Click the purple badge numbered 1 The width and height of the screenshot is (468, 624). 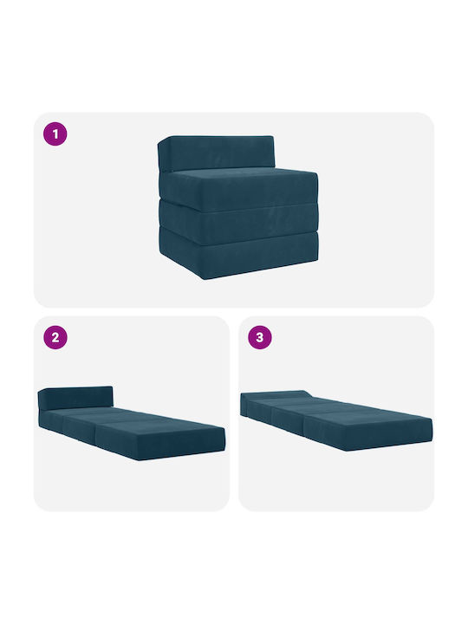pyautogui.click(x=55, y=133)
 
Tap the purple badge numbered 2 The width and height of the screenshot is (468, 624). pyautogui.click(x=55, y=337)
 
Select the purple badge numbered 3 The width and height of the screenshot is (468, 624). pyautogui.click(x=259, y=337)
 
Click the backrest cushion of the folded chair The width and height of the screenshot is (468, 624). pyautogui.click(x=217, y=153)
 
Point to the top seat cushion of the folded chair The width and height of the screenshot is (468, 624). pyautogui.click(x=239, y=189)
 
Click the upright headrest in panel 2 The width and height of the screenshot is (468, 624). pyautogui.click(x=75, y=398)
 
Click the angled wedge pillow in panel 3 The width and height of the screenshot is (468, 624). pyautogui.click(x=275, y=395)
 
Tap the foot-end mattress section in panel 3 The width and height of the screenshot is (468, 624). pyautogui.click(x=368, y=428)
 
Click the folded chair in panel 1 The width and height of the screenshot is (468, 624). pyautogui.click(x=238, y=207)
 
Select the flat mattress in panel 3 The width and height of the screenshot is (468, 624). pyautogui.click(x=336, y=420)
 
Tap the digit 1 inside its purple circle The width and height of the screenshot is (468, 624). pyautogui.click(x=55, y=133)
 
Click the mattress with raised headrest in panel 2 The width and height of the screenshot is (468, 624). pyautogui.click(x=132, y=424)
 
